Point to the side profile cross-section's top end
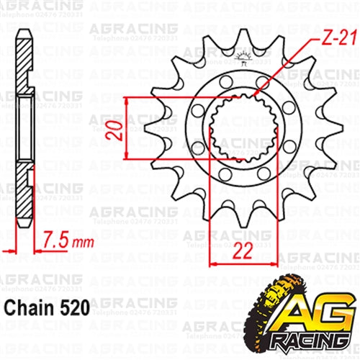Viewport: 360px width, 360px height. (x=23, y=36)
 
